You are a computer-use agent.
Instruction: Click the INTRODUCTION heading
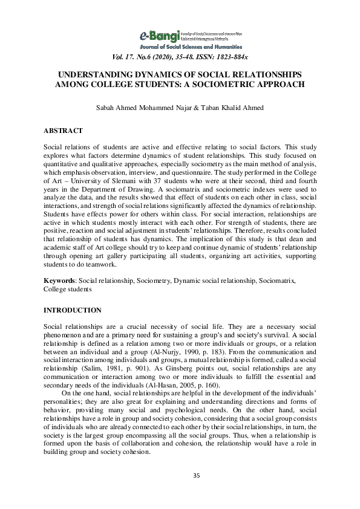click(x=72, y=310)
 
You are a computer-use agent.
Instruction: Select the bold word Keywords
click(x=61, y=282)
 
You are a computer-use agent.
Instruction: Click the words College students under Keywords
click(x=67, y=290)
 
